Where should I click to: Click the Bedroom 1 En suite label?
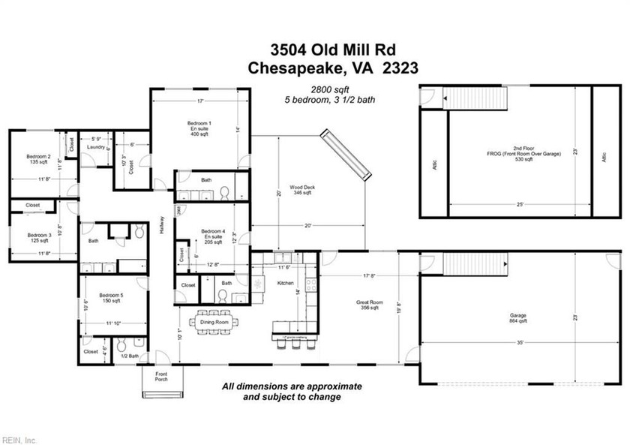pos(199,128)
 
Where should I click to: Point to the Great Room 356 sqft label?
pos(368,305)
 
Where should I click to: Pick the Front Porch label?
pos(161,376)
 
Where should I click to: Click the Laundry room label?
pos(95,147)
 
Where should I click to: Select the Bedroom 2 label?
pos(27,158)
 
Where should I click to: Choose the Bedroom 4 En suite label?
pos(211,236)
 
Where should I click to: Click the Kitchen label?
pos(285,283)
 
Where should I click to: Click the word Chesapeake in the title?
pos(295,68)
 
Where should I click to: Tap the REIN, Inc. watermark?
pos(20,439)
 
